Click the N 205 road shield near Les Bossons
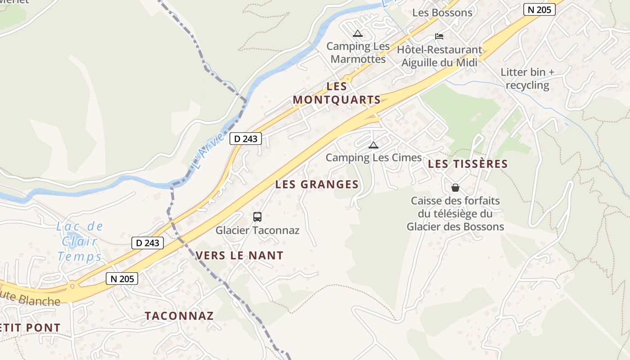click(539, 9)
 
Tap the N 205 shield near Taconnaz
click(121, 279)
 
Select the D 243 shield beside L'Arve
click(246, 139)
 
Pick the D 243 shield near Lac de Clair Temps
click(148, 243)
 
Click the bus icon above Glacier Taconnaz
click(257, 217)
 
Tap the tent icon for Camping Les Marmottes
click(357, 33)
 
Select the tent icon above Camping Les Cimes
click(373, 145)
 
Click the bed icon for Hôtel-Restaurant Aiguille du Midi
click(439, 36)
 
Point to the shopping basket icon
click(455, 187)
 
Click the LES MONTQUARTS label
click(337, 93)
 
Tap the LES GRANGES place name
click(317, 184)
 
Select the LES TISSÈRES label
click(468, 164)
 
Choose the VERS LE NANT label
click(239, 256)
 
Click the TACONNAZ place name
click(179, 315)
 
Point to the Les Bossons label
click(442, 13)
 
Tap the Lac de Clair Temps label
click(80, 242)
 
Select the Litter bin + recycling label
click(527, 79)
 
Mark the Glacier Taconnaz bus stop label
click(257, 230)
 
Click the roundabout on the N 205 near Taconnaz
click(72, 285)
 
